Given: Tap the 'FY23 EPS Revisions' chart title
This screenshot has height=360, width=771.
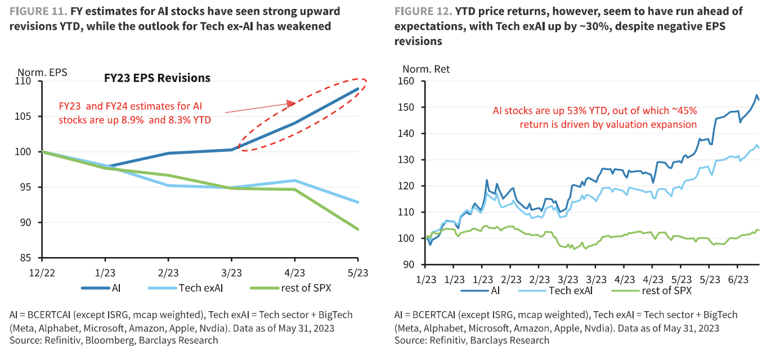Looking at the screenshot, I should pyautogui.click(x=157, y=78).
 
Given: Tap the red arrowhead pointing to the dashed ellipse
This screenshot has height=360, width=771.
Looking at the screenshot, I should pyautogui.click(x=290, y=103).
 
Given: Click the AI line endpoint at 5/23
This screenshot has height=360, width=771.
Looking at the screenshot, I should pyautogui.click(x=358, y=89).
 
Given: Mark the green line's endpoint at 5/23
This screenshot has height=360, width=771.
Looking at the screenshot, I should pyautogui.click(x=358, y=229).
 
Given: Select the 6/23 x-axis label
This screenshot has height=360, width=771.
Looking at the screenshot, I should pyautogui.click(x=738, y=280).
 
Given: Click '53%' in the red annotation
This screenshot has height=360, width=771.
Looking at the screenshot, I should pyautogui.click(x=546, y=110).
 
